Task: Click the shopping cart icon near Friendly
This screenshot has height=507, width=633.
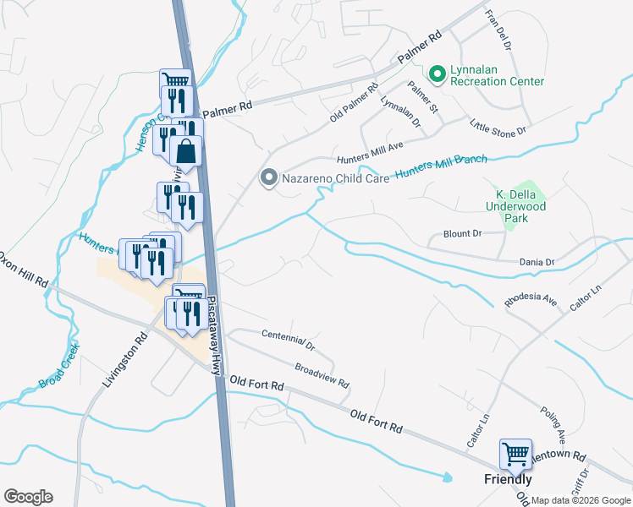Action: (515, 455)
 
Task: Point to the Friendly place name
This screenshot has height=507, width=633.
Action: (508, 479)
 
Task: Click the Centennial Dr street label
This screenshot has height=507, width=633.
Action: (288, 341)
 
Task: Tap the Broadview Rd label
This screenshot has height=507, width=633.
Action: (322, 376)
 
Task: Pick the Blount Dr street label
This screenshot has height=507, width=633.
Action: (462, 233)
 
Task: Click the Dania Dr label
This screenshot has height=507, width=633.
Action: (537, 263)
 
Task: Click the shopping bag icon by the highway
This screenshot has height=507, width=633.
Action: (186, 152)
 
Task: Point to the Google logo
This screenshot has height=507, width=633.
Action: (28, 497)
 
